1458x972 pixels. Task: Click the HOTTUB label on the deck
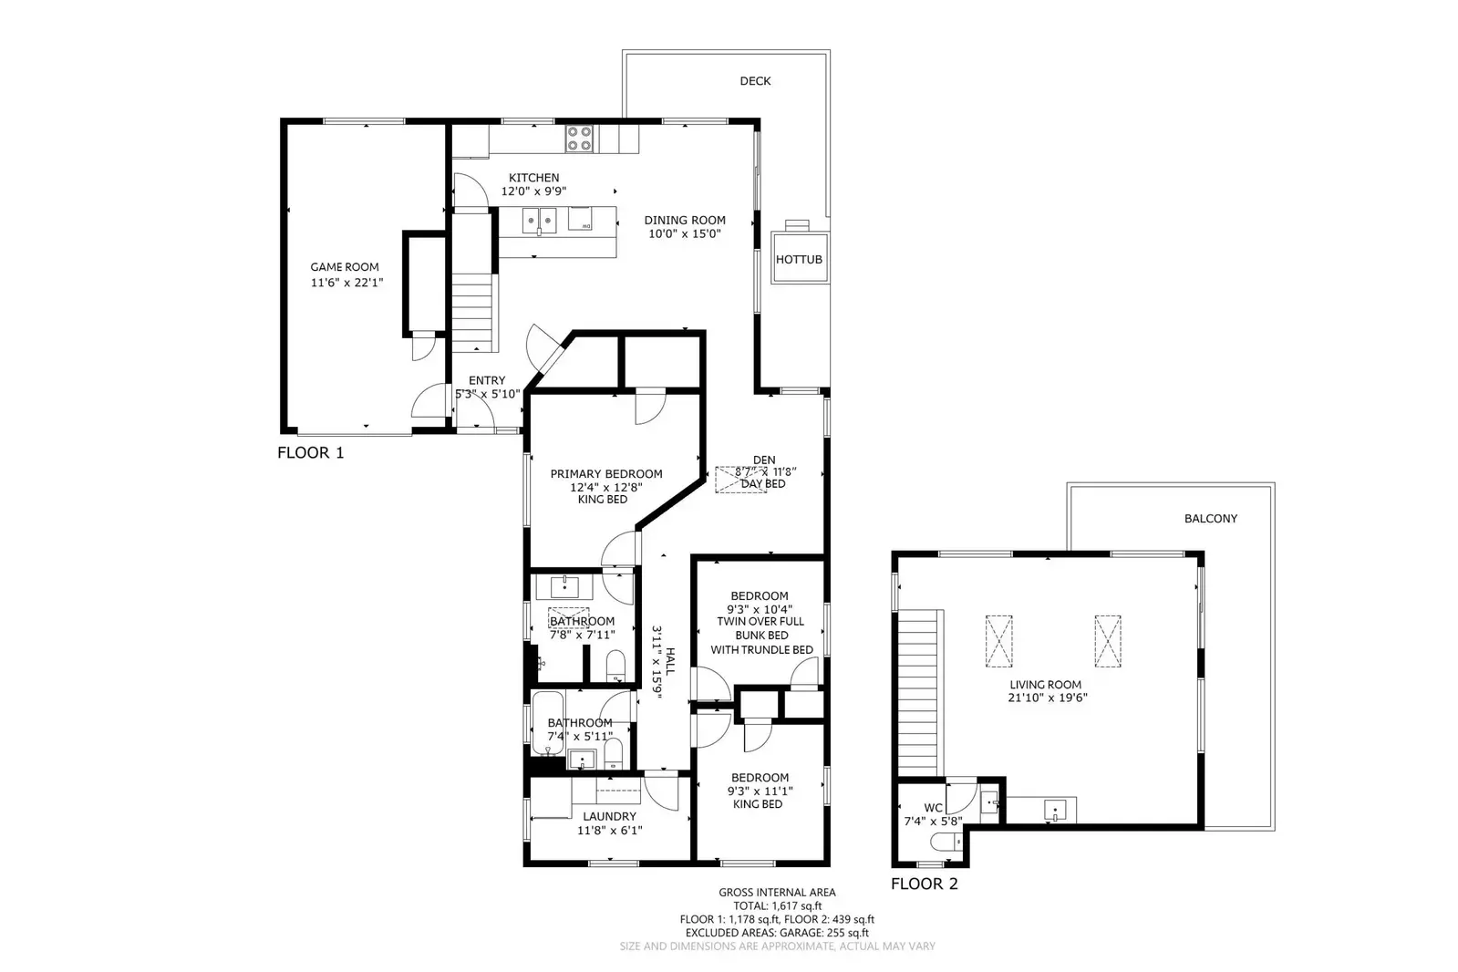click(799, 260)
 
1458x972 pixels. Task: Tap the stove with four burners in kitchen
click(579, 139)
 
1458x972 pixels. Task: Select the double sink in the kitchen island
click(539, 220)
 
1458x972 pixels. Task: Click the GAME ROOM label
click(345, 267)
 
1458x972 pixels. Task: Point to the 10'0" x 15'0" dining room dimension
click(685, 233)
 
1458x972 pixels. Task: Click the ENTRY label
click(487, 380)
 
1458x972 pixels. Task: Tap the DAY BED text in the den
click(763, 484)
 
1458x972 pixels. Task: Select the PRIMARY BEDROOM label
click(606, 473)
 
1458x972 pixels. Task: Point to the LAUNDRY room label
click(609, 816)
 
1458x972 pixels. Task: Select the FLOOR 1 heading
click(311, 452)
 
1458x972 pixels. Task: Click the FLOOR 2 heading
click(925, 884)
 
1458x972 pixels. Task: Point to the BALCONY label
click(1211, 519)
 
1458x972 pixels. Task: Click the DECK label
click(755, 81)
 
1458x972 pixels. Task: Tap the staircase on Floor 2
click(919, 693)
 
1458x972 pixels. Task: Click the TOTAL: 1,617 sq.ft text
click(777, 906)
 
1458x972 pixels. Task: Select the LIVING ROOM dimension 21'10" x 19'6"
click(1046, 698)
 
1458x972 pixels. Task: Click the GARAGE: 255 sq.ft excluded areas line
click(777, 933)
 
